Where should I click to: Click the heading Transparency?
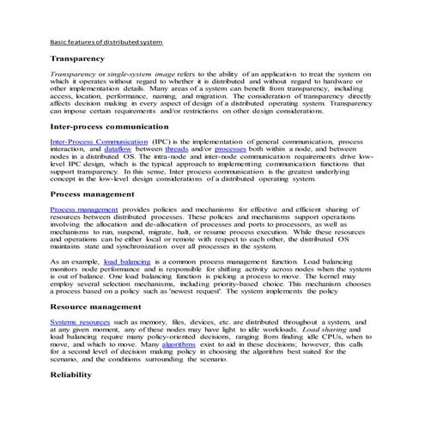[77, 58]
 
